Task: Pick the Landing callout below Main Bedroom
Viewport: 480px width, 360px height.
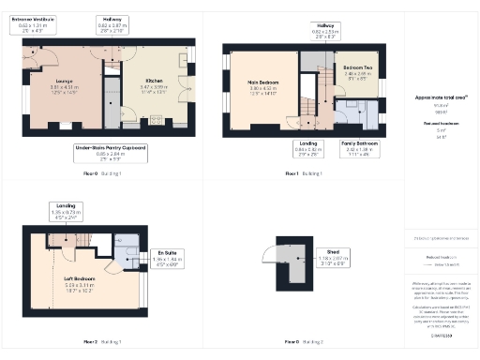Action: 307,147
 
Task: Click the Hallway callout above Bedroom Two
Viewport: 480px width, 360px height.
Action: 325,31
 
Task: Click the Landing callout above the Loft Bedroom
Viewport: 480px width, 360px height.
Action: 64,209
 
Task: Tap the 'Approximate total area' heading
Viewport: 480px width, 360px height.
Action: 441,97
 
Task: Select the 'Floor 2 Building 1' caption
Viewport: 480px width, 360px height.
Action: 103,341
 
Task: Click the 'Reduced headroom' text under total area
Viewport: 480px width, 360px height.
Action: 441,122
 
